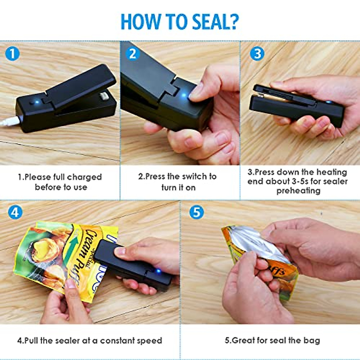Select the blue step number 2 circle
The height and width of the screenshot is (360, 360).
pos(133,54)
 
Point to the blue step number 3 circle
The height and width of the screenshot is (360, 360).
pos(257,54)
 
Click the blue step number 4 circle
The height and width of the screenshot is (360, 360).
pos(15,212)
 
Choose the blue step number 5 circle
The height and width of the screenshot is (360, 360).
pos(196,212)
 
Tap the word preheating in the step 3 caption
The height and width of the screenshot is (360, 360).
pos(298,191)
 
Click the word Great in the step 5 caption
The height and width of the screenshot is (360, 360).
pos(243,340)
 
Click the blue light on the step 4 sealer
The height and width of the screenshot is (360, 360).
pos(158,271)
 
